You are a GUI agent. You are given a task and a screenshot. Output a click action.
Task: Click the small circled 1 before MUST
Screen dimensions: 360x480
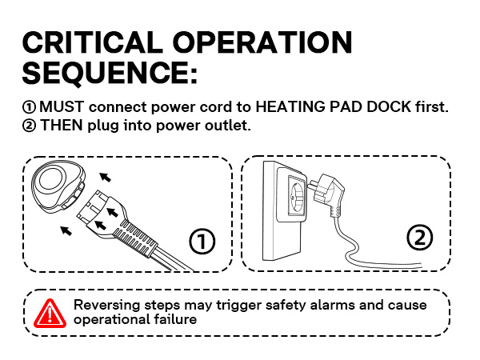30,107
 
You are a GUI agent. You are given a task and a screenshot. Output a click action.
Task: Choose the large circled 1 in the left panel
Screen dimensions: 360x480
202,241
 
